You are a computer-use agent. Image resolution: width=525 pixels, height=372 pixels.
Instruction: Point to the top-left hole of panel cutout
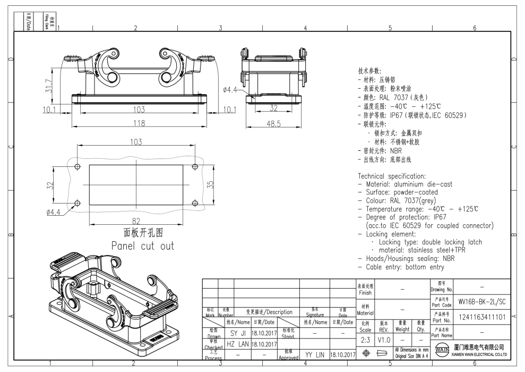coord(78,167)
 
